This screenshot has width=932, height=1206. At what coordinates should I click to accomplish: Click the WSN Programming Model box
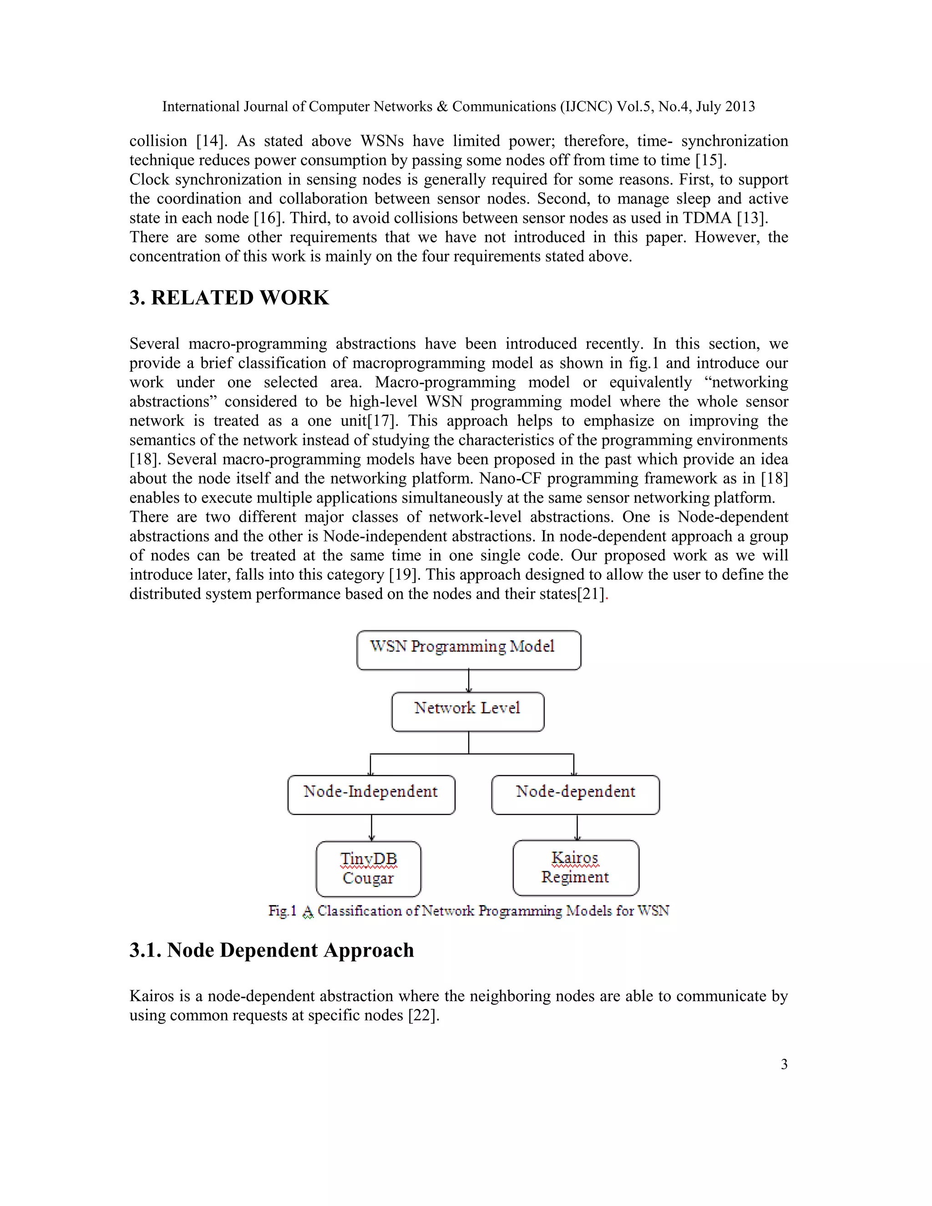pos(468,650)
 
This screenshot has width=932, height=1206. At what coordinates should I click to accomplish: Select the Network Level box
pos(468,711)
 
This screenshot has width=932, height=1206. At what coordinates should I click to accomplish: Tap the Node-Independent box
pos(371,794)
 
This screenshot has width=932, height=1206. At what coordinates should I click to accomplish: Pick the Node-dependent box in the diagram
pos(575,794)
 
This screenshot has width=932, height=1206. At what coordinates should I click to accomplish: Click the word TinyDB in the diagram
pos(368,859)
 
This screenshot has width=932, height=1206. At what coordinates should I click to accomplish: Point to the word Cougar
pos(368,878)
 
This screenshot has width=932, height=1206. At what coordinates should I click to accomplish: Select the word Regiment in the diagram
pos(575,877)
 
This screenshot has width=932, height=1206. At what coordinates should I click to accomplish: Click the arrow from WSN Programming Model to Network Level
pos(469,681)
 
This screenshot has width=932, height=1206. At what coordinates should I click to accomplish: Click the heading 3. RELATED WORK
pos(229,298)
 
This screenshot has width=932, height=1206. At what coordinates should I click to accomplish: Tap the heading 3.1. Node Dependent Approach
pos(272,950)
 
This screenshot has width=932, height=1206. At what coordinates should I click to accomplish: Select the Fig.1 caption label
pos(282,911)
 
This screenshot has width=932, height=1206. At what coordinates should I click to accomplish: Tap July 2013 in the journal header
pos(725,106)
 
